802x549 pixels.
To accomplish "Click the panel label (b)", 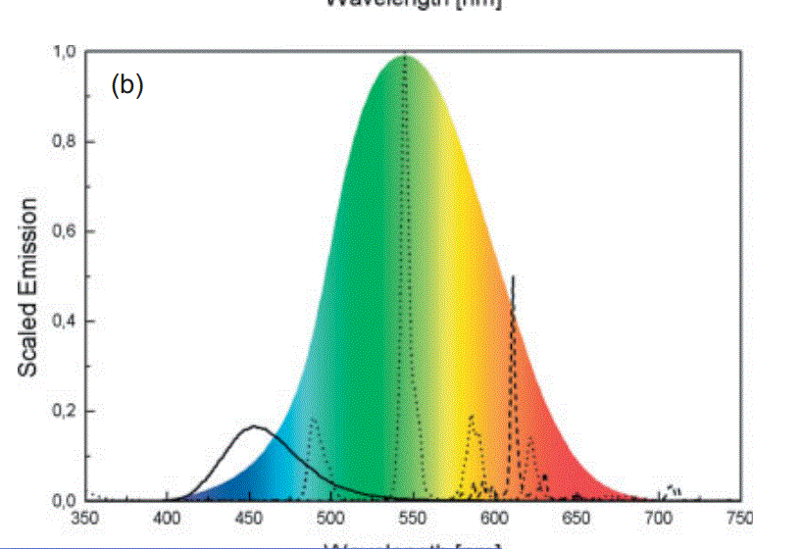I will (127, 86).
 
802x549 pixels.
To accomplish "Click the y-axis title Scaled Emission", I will (28, 287).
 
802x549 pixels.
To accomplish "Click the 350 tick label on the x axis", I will (85, 518).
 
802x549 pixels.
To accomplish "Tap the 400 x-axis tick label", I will (167, 518).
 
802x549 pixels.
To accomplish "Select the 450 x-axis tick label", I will (249, 518).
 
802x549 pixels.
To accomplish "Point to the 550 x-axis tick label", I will (413, 518).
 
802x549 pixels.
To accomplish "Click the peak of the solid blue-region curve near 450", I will (254, 426).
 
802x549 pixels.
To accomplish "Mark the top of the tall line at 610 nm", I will (513, 277).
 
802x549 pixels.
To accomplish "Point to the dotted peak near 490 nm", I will (314, 419).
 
